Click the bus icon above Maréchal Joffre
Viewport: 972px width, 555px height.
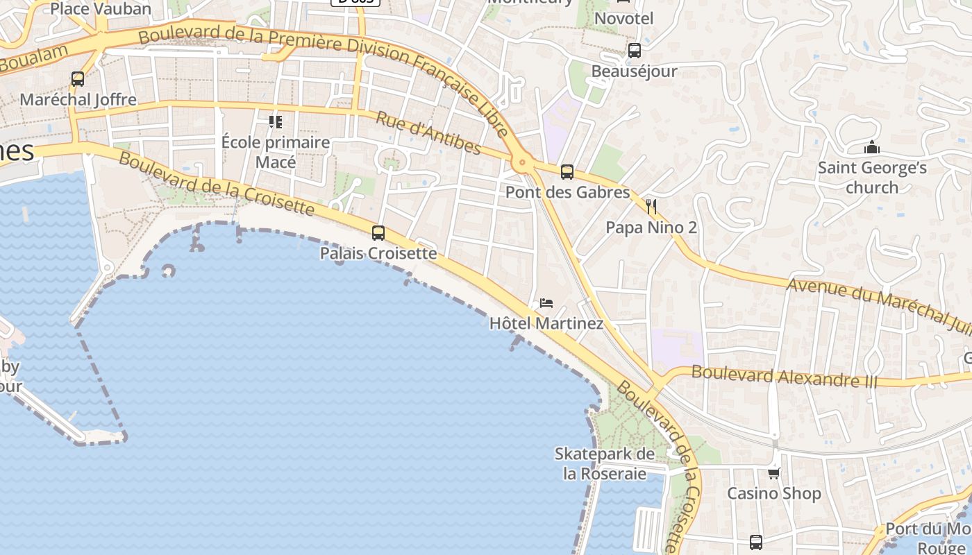pyautogui.click(x=78, y=79)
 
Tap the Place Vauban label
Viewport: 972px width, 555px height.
pyautogui.click(x=101, y=9)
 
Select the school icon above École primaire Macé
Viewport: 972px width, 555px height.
pyautogui.click(x=276, y=122)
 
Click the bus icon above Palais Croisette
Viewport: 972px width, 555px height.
pyautogui.click(x=378, y=233)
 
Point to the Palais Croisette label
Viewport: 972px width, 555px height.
pyautogui.click(x=378, y=253)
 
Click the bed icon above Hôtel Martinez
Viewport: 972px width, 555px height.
pyautogui.click(x=546, y=303)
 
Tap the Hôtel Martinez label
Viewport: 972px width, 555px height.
pyautogui.click(x=546, y=323)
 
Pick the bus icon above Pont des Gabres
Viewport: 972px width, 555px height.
pyautogui.click(x=567, y=172)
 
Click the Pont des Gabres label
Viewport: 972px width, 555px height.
pyautogui.click(x=567, y=192)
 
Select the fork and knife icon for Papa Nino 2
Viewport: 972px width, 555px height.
pyautogui.click(x=651, y=207)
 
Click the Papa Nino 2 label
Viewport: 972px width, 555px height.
pyautogui.click(x=651, y=228)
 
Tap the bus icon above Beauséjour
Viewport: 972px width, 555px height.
pyautogui.click(x=634, y=51)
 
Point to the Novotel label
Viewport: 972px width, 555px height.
pyautogui.click(x=624, y=19)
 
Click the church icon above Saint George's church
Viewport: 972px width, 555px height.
pyautogui.click(x=871, y=147)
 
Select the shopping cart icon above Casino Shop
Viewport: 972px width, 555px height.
pyautogui.click(x=774, y=473)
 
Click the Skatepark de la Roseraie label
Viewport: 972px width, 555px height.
pyautogui.click(x=605, y=464)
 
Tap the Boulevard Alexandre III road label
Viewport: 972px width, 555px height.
pyautogui.click(x=785, y=377)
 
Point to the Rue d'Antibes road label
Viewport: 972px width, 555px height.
pyautogui.click(x=428, y=133)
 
